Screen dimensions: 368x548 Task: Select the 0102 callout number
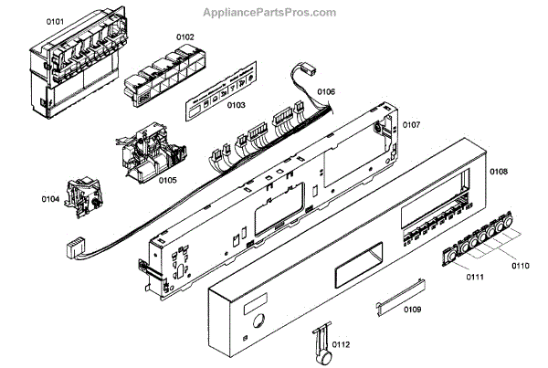click(x=184, y=37)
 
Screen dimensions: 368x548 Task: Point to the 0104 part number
click(x=50, y=197)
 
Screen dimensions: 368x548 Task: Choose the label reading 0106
click(x=326, y=91)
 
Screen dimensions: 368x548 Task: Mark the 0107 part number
click(x=411, y=124)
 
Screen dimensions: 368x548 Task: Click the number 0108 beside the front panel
click(x=499, y=171)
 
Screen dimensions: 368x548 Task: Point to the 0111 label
click(x=475, y=276)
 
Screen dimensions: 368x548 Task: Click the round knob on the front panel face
click(x=256, y=321)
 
